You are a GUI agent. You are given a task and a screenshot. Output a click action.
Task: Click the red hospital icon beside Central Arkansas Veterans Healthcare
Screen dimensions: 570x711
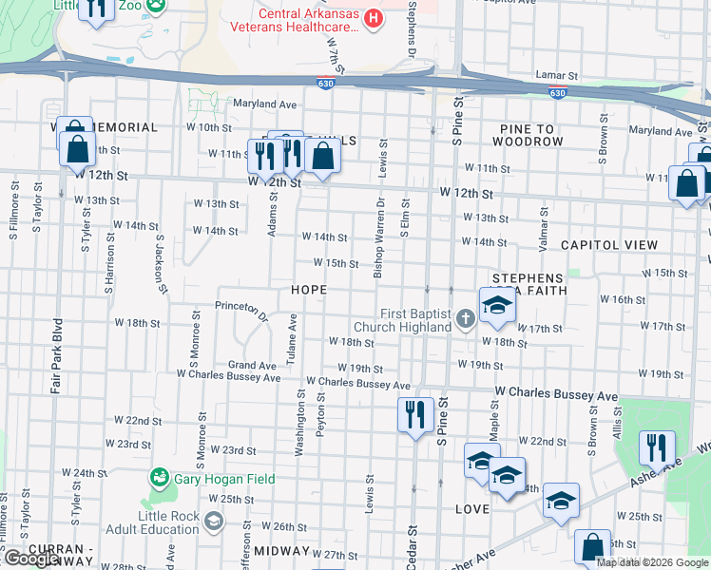point(374,17)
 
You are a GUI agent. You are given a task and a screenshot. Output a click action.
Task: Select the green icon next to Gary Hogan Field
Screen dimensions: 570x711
point(161,477)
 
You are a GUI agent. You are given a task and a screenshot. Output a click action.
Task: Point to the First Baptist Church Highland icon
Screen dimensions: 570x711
point(465,318)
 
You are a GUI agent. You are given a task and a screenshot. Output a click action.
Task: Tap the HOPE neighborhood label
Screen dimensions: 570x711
point(310,289)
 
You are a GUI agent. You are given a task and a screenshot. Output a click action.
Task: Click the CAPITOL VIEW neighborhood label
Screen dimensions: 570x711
point(608,245)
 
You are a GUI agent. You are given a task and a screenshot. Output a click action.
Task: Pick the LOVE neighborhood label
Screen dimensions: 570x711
point(471,509)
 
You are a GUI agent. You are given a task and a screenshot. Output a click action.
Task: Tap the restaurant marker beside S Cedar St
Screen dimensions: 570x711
point(415,415)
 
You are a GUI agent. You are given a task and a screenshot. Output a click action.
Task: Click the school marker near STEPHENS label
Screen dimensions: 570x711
point(495,306)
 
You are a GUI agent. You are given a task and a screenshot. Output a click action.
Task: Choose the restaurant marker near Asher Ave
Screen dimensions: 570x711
point(657,448)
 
